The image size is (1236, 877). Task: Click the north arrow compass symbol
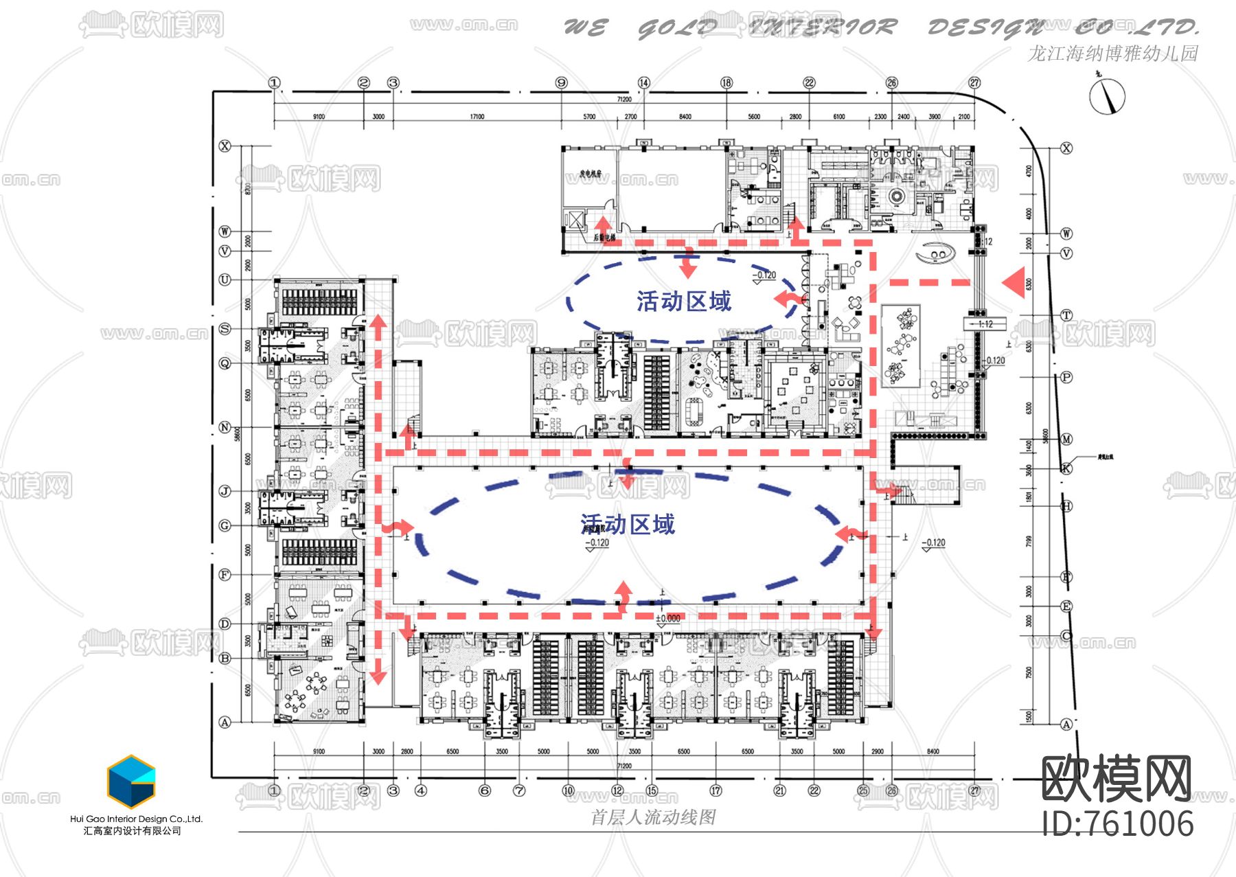tap(1107, 96)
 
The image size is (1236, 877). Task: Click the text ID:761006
tap(1118, 824)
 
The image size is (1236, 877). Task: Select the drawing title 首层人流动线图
tap(653, 817)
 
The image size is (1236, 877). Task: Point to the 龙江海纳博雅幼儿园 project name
tap(1112, 54)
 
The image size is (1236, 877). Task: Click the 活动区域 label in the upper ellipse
tap(684, 301)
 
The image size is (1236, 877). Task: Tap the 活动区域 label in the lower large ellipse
tap(628, 525)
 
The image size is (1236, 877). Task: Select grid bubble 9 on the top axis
tap(562, 83)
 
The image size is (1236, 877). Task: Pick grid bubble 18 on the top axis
tap(726, 83)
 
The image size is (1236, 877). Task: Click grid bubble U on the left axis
tap(225, 280)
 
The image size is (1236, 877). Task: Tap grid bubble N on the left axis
tap(225, 427)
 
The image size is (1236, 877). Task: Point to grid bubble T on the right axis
tap(1066, 315)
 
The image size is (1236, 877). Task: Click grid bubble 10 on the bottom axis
tap(568, 790)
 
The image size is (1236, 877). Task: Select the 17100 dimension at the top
tap(477, 117)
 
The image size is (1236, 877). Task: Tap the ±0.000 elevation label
tap(667, 619)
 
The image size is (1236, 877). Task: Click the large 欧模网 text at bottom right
tap(1117, 779)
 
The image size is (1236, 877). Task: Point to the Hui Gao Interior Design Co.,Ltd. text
tap(137, 819)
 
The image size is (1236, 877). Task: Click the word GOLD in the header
tap(677, 28)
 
